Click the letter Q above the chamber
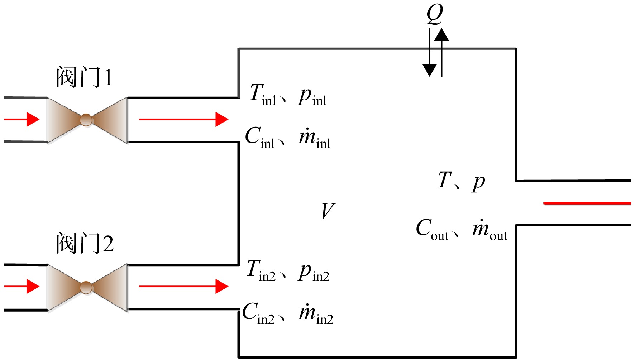tap(435, 14)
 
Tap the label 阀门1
tap(85, 77)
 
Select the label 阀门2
tap(85, 243)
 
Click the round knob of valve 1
tap(86, 120)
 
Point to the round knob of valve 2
tap(86, 287)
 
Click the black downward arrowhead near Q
tap(429, 70)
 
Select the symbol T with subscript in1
tap(263, 95)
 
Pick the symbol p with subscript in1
tap(312, 97)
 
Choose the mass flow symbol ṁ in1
tap(315, 138)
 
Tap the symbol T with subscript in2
tap(261, 270)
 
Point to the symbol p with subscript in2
tap(314, 272)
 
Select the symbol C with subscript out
tap(432, 229)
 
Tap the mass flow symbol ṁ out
tap(490, 230)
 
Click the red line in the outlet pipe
tap(587, 203)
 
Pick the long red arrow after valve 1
tap(183, 119)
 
